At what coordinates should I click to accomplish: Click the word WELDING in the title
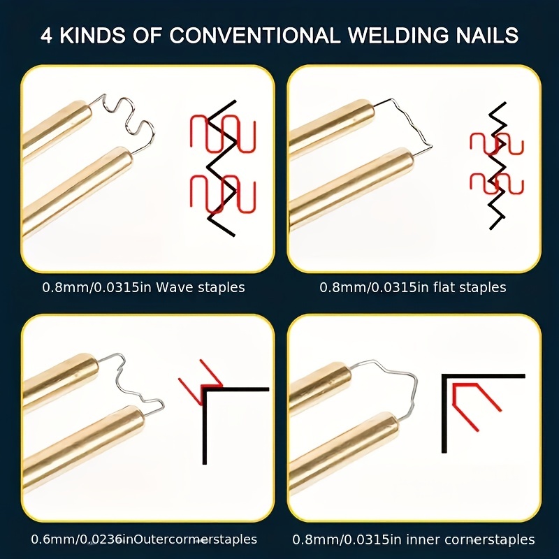pos(398,36)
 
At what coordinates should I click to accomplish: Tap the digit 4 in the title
pos(46,36)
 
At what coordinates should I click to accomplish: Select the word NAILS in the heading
pos(486,36)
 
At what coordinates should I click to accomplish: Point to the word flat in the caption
pos(442,287)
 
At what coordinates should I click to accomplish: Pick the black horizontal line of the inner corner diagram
pos(483,376)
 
